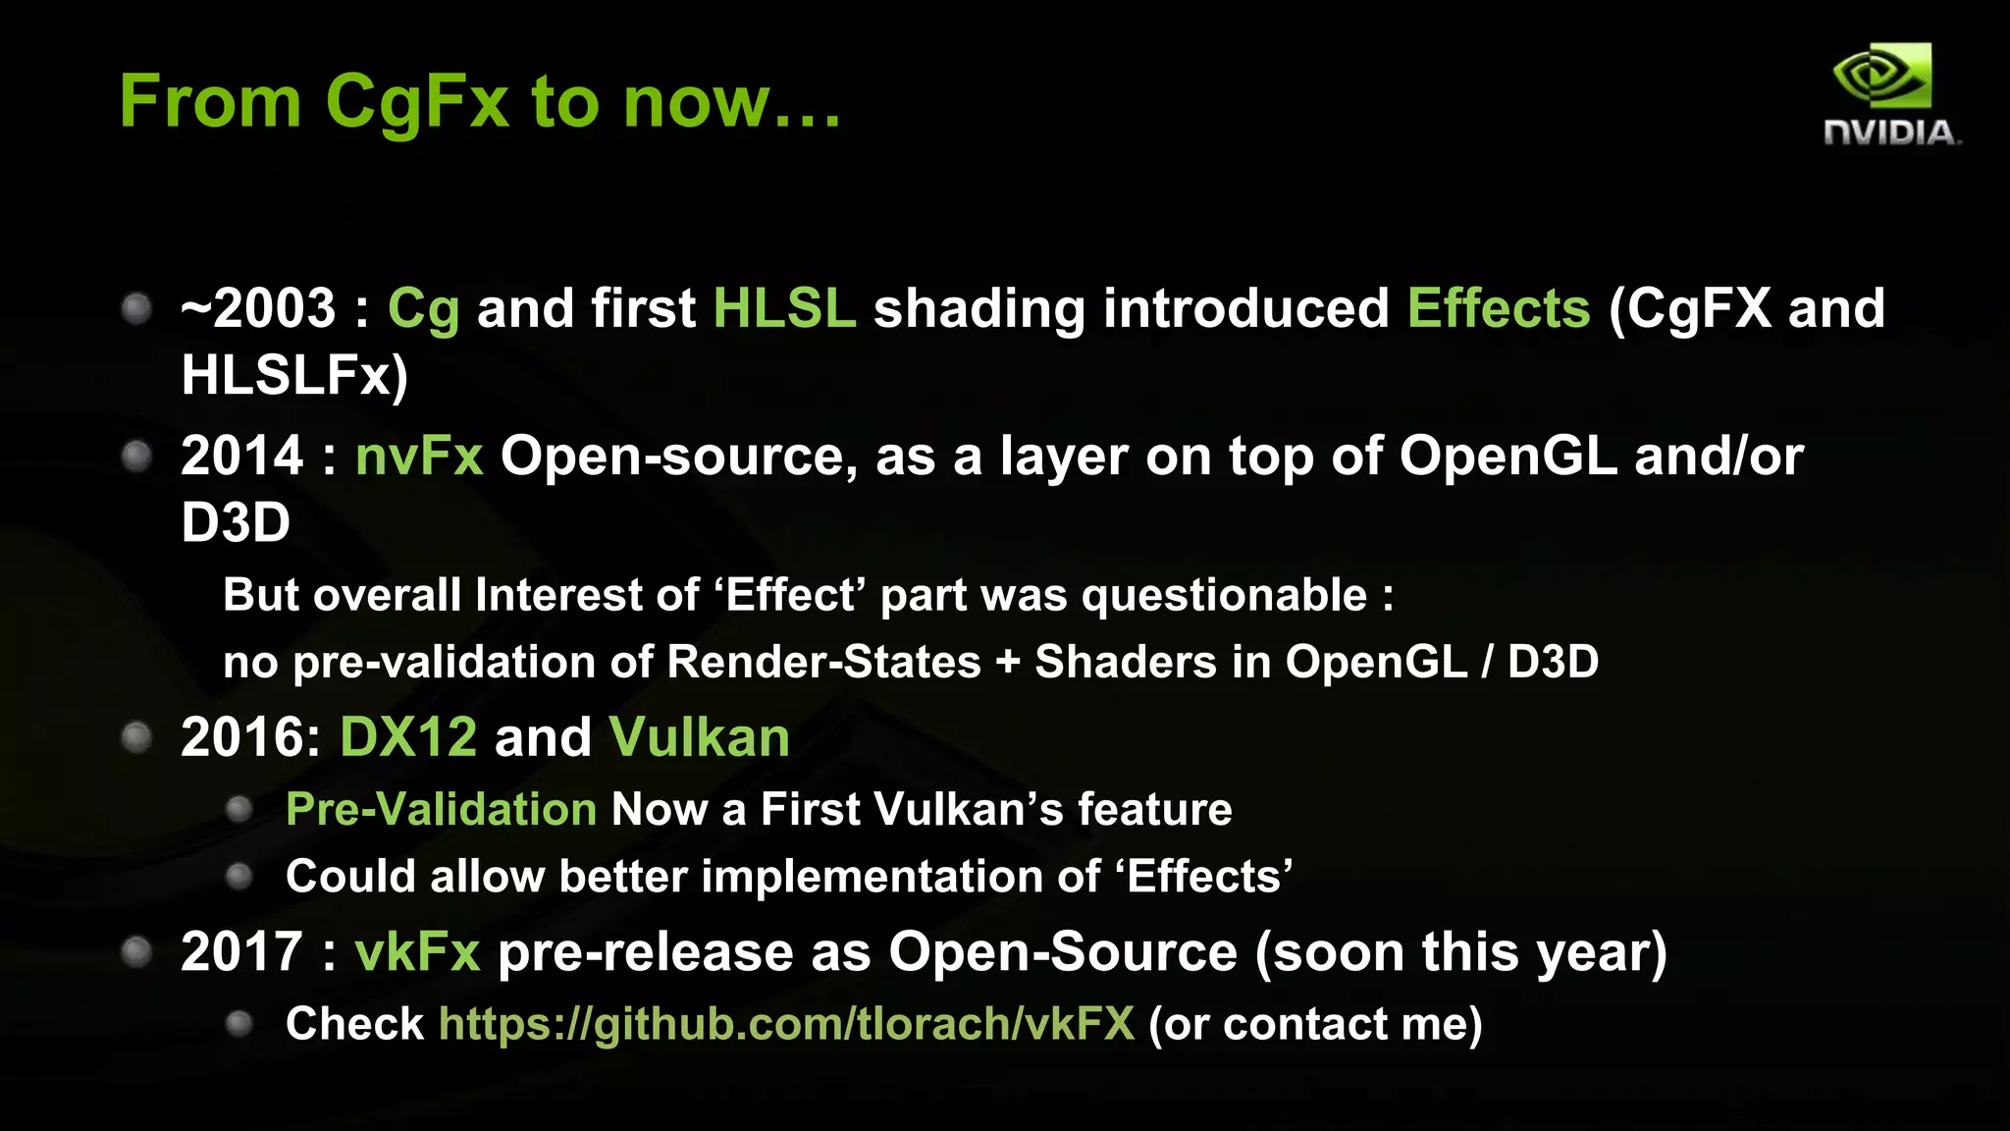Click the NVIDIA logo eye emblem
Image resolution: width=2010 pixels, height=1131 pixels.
pyautogui.click(x=1881, y=76)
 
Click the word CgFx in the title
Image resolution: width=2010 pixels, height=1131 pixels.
pyautogui.click(x=417, y=101)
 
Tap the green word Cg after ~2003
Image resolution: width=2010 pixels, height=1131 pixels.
pyautogui.click(x=423, y=310)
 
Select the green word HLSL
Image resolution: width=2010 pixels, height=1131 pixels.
pyautogui.click(x=784, y=308)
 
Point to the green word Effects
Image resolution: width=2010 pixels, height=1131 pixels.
pyautogui.click(x=1498, y=308)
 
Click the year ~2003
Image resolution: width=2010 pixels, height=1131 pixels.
pyautogui.click(x=259, y=308)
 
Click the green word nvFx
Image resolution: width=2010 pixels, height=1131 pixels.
pyautogui.click(x=419, y=457)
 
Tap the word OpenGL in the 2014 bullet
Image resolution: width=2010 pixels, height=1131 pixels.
pyautogui.click(x=1507, y=457)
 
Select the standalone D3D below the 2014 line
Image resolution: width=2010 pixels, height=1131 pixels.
pyautogui.click(x=236, y=522)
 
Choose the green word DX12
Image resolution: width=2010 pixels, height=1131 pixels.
pyautogui.click(x=408, y=737)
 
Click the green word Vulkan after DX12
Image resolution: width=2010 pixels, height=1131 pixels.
pyautogui.click(x=699, y=737)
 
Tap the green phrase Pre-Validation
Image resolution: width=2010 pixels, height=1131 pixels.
pyautogui.click(x=441, y=810)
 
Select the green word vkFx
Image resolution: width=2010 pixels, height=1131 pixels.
pyautogui.click(x=417, y=952)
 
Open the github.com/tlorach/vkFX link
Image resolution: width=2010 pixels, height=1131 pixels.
pyautogui.click(x=786, y=1024)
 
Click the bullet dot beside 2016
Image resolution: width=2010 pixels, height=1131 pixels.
pyautogui.click(x=136, y=737)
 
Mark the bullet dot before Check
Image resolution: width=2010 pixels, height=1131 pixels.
pyautogui.click(x=239, y=1024)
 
